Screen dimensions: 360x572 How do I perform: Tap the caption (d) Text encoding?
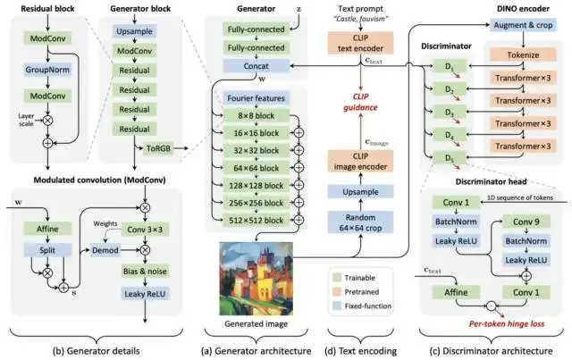pyautogui.click(x=363, y=349)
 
